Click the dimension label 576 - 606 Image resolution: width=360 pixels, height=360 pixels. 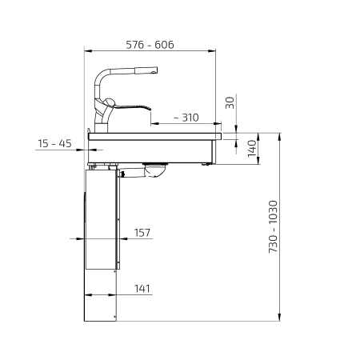pos(150,45)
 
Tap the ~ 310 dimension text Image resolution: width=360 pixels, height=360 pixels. pos(186,118)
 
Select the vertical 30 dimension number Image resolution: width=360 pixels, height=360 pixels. pos(230,102)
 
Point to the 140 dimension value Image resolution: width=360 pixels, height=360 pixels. pos(252,149)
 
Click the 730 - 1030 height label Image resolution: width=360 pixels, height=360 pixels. pos(273,226)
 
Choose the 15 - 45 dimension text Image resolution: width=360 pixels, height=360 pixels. pos(54,143)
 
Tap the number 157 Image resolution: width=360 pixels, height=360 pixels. pos(142,233)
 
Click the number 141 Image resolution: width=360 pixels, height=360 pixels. pos(142,289)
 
